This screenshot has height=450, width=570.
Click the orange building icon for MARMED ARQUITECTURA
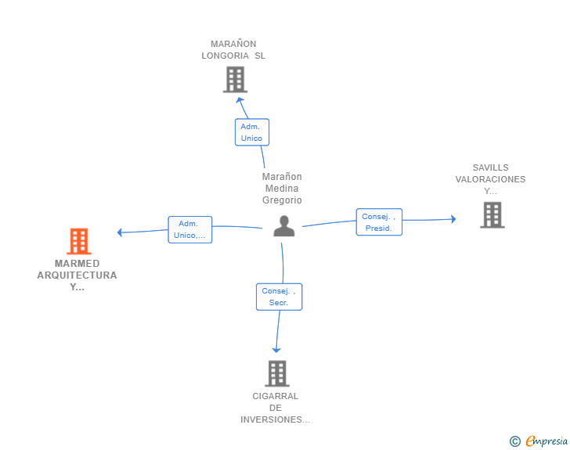coord(79,241)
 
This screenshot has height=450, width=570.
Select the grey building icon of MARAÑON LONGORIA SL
coord(235,79)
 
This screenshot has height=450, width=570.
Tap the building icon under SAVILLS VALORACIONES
coord(492,214)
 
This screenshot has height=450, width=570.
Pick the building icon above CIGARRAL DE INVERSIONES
coord(277,373)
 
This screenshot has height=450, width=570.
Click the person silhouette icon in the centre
coord(284,226)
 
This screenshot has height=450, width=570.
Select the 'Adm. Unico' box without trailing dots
coord(252,132)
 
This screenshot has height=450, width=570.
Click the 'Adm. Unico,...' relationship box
coord(189,230)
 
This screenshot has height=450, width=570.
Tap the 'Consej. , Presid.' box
coord(379,222)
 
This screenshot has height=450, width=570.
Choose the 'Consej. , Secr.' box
coord(280,297)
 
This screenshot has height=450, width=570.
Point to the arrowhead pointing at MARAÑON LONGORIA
coord(240,100)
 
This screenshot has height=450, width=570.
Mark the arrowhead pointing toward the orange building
coord(120,232)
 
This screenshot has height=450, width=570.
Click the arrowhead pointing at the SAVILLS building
coord(453,219)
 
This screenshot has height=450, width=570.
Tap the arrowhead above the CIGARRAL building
coord(276,351)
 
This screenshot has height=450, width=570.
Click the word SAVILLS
coord(490,167)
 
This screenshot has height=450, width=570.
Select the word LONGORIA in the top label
coord(225,56)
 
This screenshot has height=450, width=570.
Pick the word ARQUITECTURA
coord(77,275)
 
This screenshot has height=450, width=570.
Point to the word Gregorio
coord(282,200)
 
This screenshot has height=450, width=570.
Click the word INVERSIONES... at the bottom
coord(275,419)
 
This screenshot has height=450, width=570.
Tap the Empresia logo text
coord(547,441)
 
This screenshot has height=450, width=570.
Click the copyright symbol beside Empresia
coord(515,441)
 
